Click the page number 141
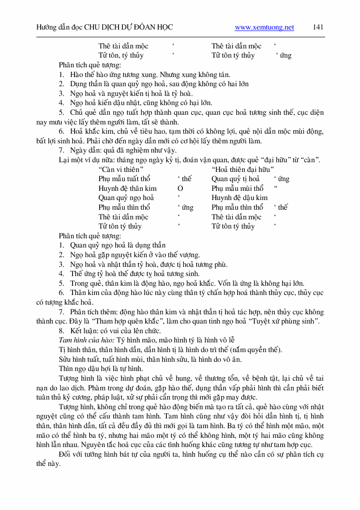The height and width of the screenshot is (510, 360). click(318, 27)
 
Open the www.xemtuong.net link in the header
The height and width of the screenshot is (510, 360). click(264, 28)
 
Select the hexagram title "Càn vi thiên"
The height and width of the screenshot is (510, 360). click(120, 170)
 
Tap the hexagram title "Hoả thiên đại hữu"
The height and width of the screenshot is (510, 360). click(243, 170)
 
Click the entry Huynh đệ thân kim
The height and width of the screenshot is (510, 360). click(127, 188)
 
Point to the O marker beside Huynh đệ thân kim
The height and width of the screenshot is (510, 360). click(180, 188)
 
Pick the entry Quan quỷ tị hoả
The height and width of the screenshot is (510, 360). click(235, 179)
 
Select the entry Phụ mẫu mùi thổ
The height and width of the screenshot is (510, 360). click(237, 188)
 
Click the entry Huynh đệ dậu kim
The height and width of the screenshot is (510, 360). click(240, 198)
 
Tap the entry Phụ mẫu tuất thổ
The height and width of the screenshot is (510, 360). click(124, 179)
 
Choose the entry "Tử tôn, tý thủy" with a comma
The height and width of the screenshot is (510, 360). click(121, 55)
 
